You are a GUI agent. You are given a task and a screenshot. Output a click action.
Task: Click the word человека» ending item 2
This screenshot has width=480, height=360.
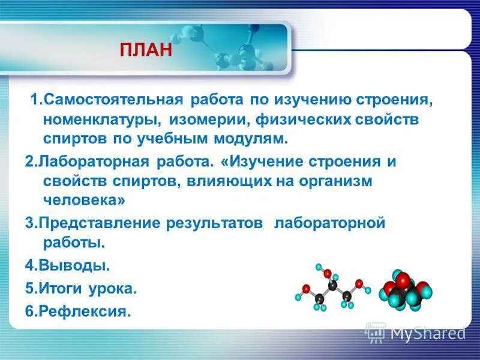(x=84, y=200)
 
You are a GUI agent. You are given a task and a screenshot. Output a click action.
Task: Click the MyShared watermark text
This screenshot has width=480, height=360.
(x=428, y=332)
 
